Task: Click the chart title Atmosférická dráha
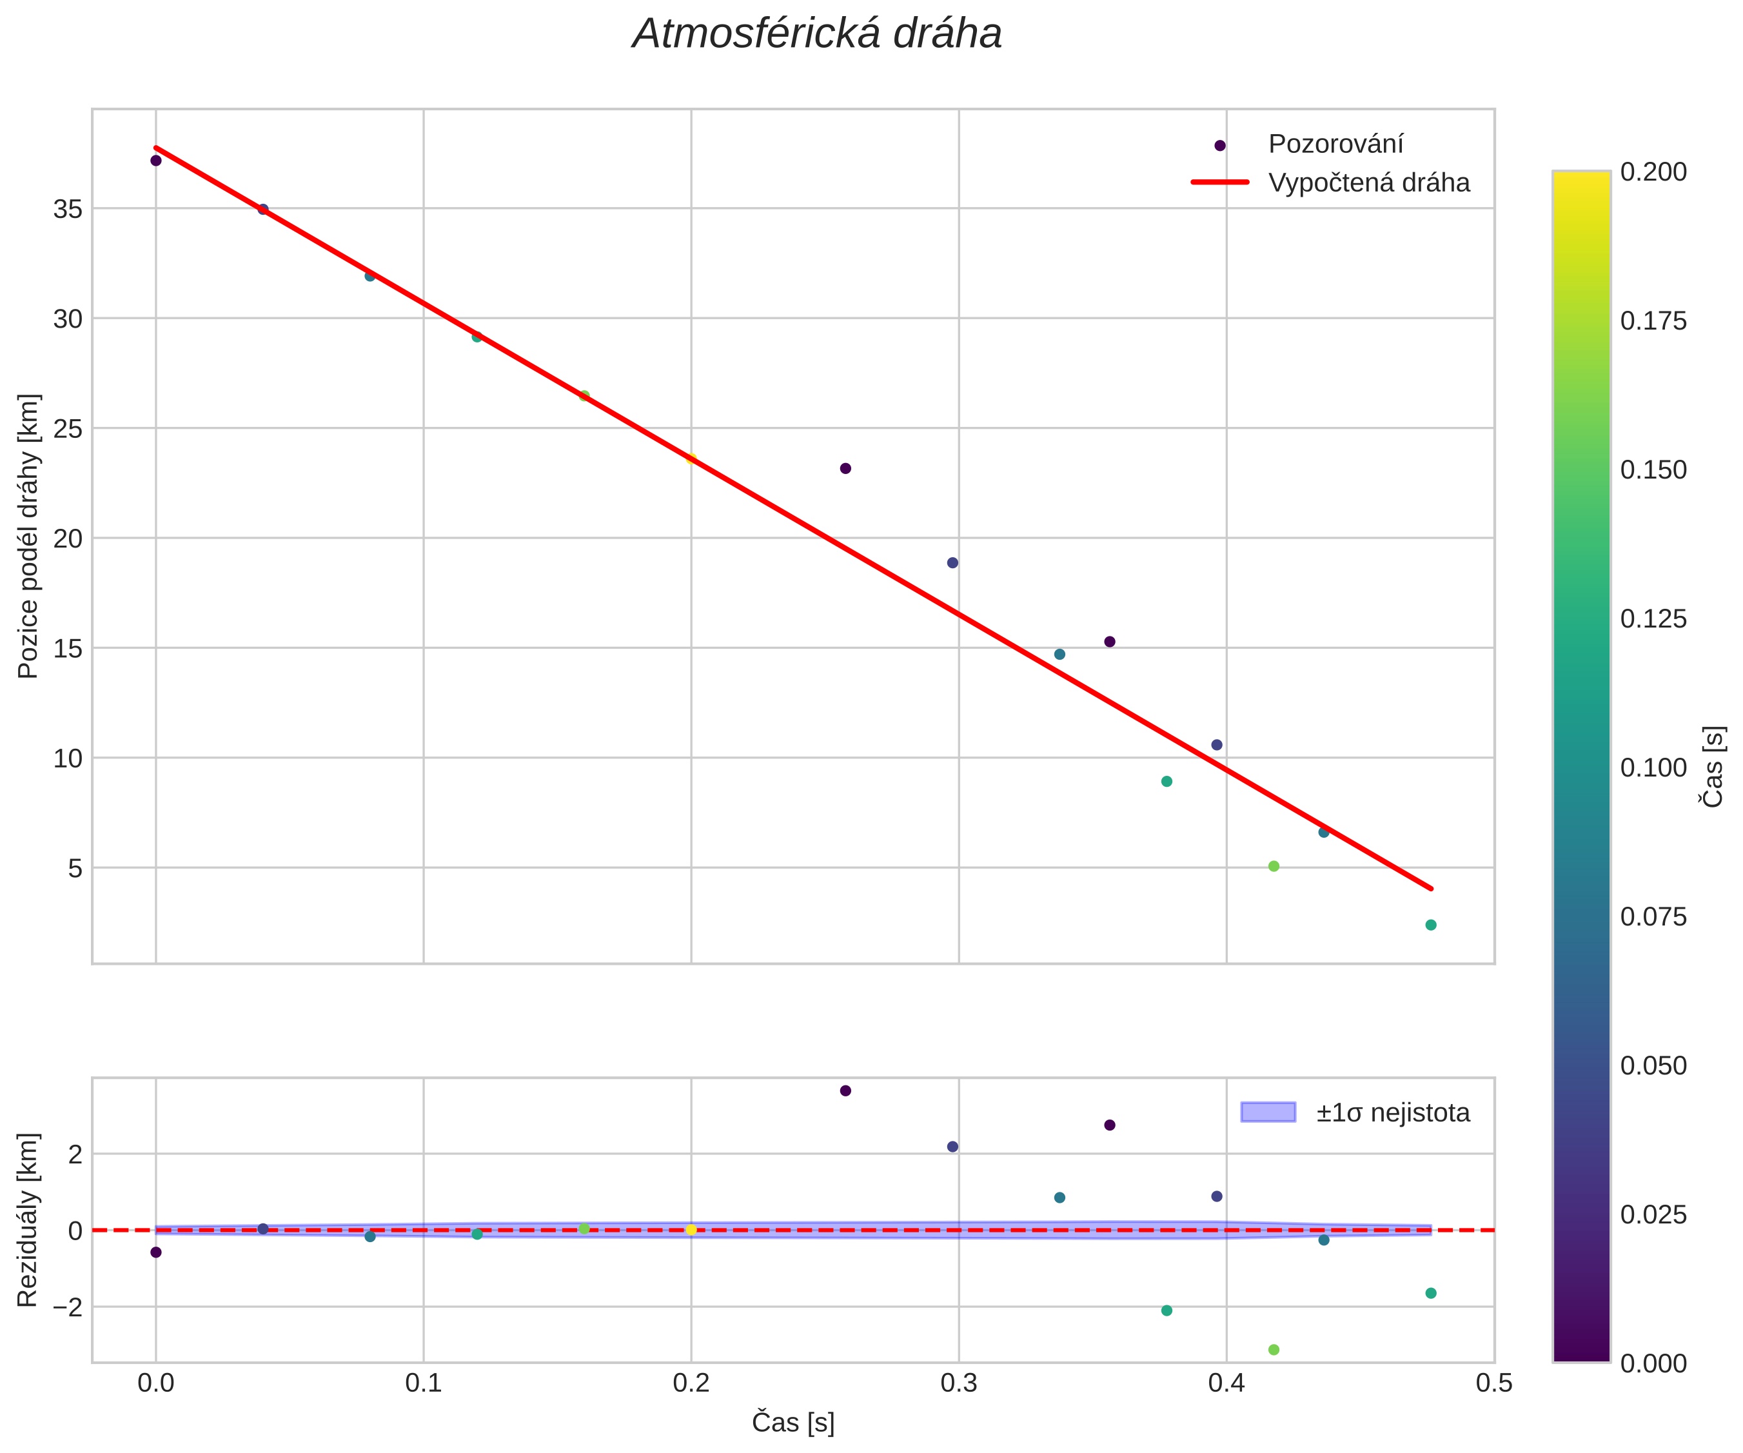tap(817, 35)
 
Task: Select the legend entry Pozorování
tap(1335, 144)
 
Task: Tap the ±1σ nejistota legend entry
tap(1392, 1112)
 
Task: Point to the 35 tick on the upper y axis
tap(68, 209)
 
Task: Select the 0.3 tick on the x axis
tap(959, 1383)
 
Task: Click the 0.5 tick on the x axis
tap(1494, 1383)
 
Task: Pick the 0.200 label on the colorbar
tap(1653, 172)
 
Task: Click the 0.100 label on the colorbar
tap(1653, 768)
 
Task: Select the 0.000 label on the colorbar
tap(1653, 1363)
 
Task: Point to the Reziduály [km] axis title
tap(28, 1220)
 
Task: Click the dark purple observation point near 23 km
tap(845, 468)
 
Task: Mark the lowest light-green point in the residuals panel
tap(1273, 1350)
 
